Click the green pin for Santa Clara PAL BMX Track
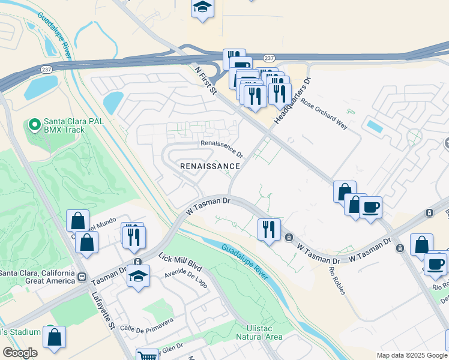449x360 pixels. coord(34,125)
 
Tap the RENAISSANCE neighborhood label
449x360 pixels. coord(210,166)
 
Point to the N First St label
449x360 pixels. coord(205,80)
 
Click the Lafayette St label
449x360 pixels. coord(103,311)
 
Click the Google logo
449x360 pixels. coord(19,353)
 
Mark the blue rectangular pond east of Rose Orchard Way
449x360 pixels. coord(375,127)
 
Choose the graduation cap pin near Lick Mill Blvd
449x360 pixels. coord(139,277)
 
